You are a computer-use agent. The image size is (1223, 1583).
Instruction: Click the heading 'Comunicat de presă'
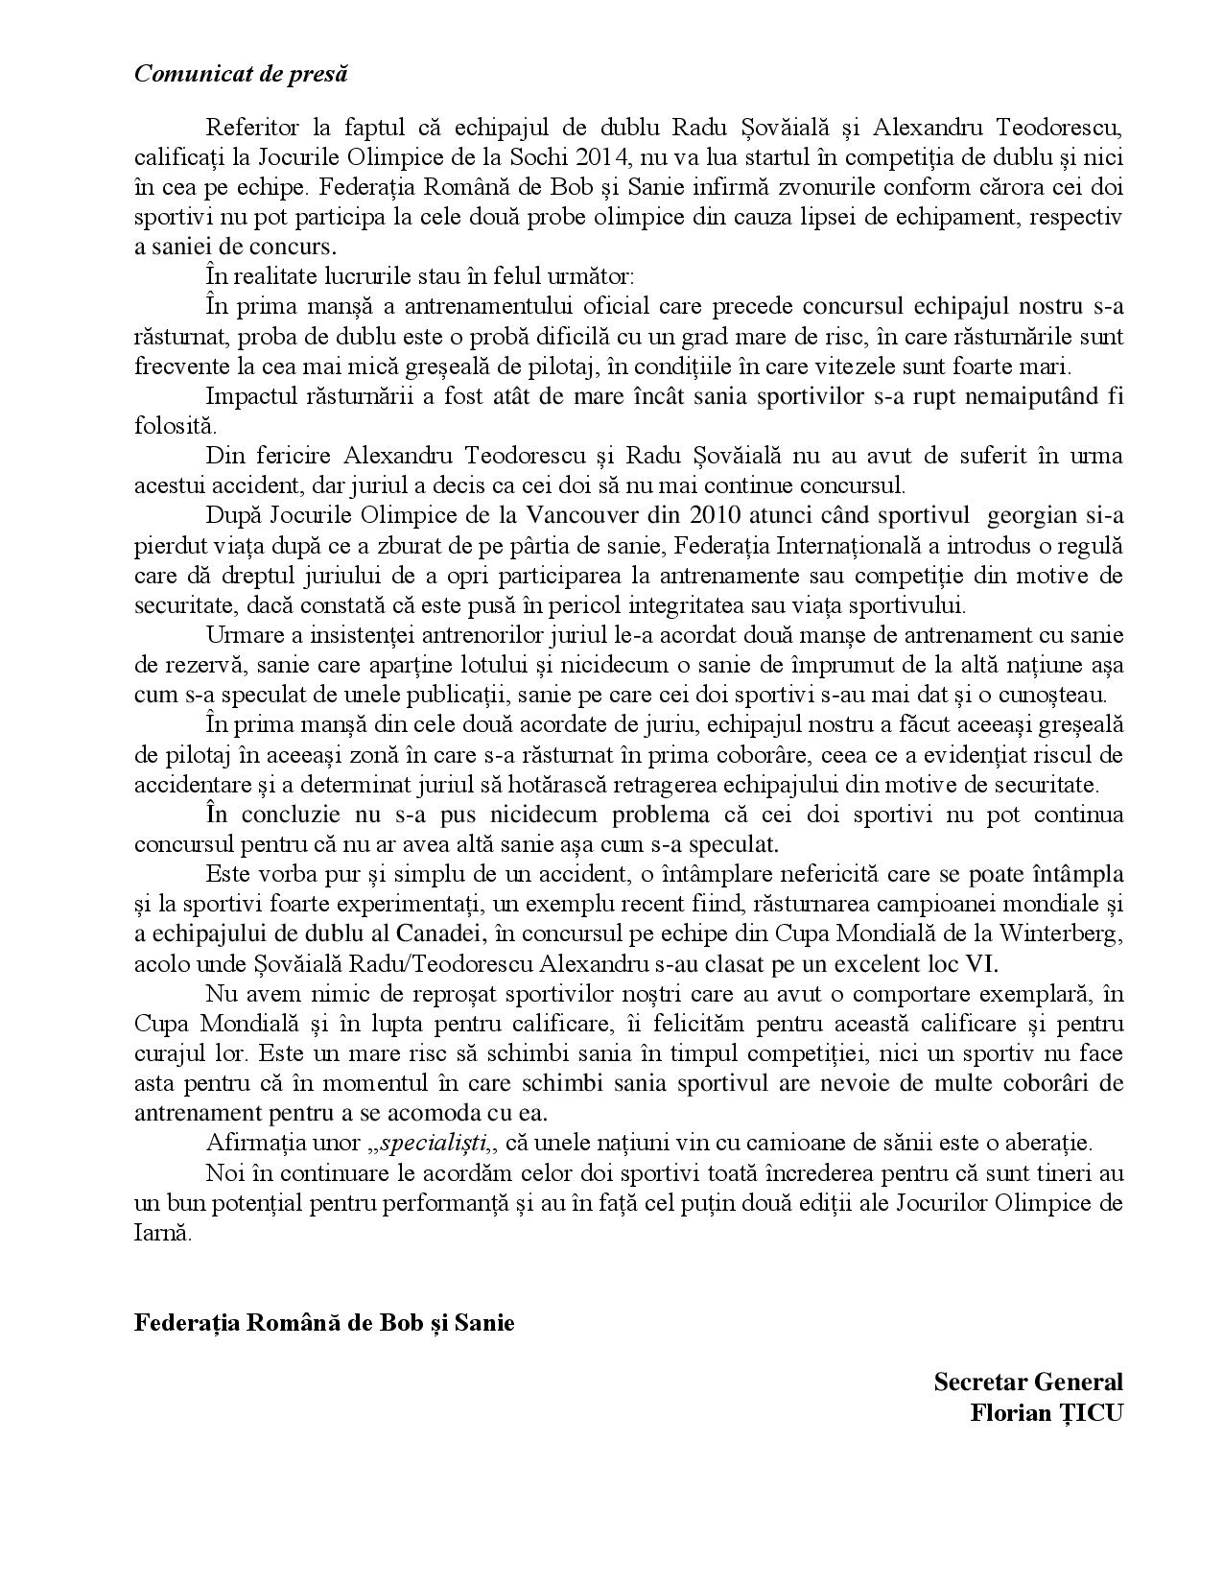pyautogui.click(x=241, y=74)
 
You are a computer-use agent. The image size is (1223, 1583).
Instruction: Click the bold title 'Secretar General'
pyautogui.click(x=1027, y=1382)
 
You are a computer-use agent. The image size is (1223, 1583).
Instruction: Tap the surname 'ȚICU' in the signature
pyautogui.click(x=1086, y=1413)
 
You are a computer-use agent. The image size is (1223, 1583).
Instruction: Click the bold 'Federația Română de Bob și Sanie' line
pyautogui.click(x=324, y=1323)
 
